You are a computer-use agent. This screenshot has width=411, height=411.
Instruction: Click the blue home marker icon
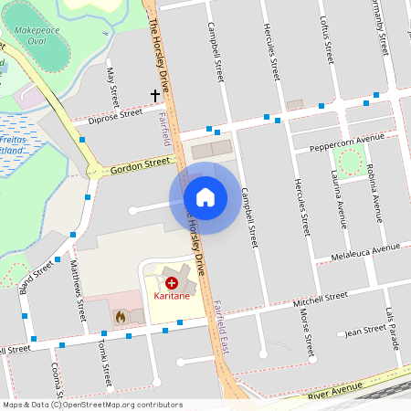pyautogui.click(x=205, y=197)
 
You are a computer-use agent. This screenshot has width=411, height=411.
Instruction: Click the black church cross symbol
pyautogui.click(x=155, y=95)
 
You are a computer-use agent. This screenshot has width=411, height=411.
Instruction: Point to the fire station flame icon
pyautogui.click(x=120, y=315)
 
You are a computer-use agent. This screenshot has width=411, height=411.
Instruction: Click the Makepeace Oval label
pyautogui.click(x=39, y=34)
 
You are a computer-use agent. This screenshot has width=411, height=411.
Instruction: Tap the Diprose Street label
pyautogui.click(x=116, y=115)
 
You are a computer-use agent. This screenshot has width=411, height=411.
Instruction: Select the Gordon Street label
pyautogui.click(x=141, y=165)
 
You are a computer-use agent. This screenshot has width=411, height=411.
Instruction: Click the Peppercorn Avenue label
pyautogui.click(x=346, y=142)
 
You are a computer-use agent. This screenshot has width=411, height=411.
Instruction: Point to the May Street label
pyautogui.click(x=112, y=85)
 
